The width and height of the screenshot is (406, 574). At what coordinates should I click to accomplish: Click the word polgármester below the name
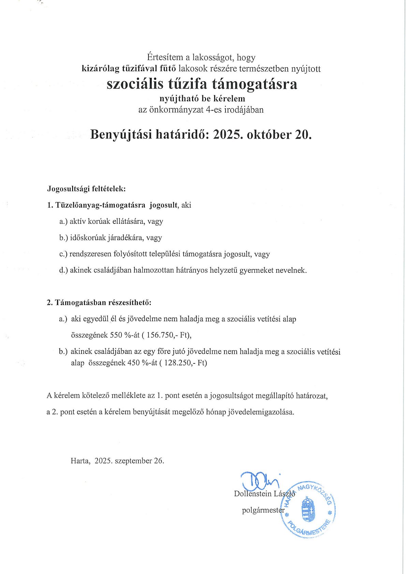263,511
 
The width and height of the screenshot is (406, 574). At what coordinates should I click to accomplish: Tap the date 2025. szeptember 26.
129,461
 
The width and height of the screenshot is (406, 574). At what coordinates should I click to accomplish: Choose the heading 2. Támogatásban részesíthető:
99,302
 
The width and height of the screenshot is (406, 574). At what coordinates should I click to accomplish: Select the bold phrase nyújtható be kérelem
202,99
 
